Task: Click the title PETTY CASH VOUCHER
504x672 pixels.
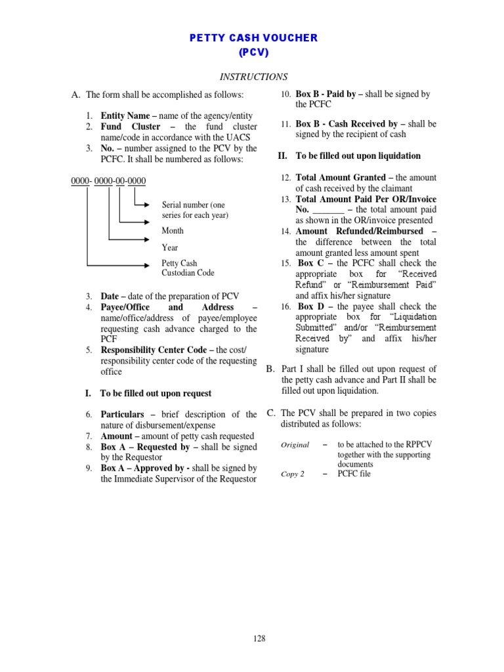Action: click(253, 38)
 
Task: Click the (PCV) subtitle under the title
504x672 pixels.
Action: click(253, 52)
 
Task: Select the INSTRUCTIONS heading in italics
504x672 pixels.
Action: click(253, 77)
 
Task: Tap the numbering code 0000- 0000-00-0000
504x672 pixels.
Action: click(108, 180)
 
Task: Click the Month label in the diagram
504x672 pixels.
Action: click(173, 231)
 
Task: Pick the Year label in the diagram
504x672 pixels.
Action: click(170, 248)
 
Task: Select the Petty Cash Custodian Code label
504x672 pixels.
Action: click(188, 268)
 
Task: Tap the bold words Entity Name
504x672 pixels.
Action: click(123, 115)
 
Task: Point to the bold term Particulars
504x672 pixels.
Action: click(123, 415)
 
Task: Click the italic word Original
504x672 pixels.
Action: click(295, 445)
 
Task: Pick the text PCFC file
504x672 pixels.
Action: click(354, 474)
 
